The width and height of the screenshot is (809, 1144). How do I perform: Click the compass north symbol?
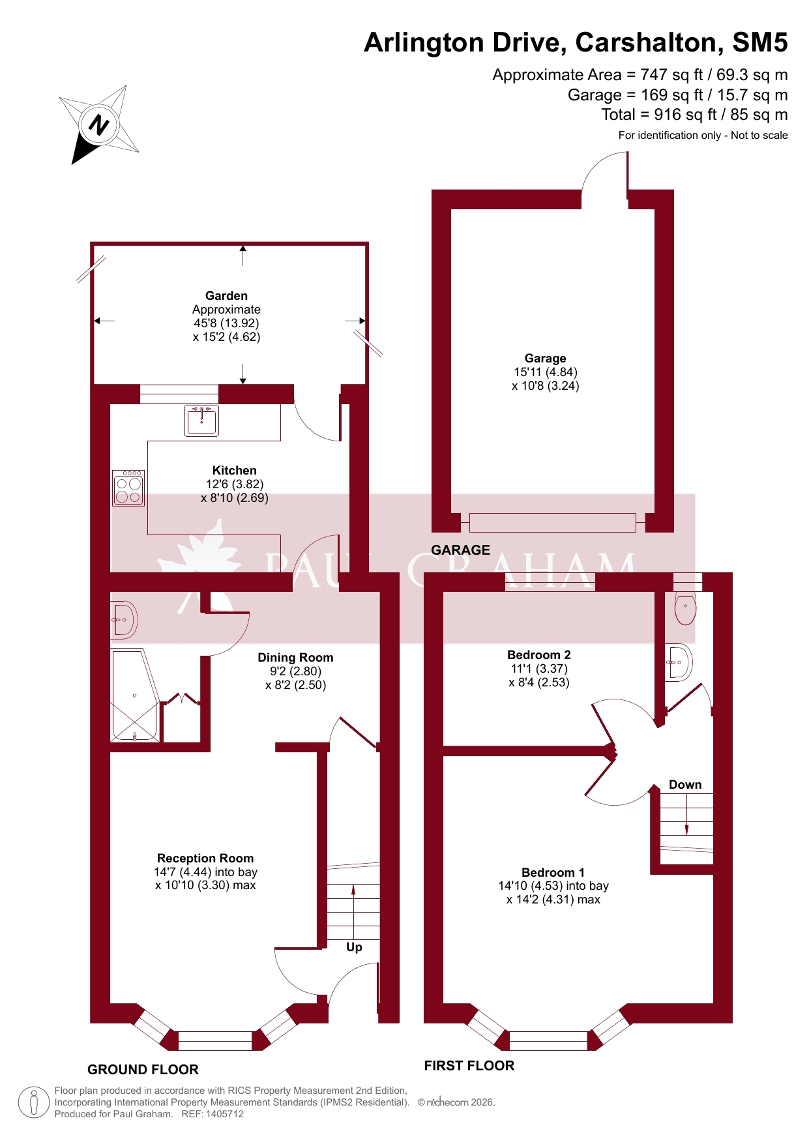(99, 124)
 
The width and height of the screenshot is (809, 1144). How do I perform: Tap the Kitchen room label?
(235, 471)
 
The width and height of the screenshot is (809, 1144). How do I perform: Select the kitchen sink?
(201, 421)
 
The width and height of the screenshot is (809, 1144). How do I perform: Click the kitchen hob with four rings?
(128, 488)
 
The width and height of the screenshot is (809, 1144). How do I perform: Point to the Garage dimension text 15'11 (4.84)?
(546, 372)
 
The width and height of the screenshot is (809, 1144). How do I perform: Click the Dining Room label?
(295, 658)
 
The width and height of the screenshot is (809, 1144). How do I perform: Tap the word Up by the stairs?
(354, 947)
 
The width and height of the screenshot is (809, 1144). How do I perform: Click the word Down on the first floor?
(685, 785)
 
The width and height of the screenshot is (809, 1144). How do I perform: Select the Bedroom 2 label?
(539, 655)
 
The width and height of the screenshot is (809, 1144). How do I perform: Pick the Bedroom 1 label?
(553, 873)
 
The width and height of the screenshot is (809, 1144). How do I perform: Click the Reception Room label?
(205, 858)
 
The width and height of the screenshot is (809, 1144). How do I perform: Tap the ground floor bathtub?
(135, 696)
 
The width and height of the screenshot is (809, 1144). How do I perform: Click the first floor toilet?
(685, 608)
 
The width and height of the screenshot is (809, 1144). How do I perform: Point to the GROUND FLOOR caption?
(143, 1070)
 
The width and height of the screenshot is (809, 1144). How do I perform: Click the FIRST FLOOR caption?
(469, 1066)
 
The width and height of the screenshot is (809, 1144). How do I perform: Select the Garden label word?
(226, 296)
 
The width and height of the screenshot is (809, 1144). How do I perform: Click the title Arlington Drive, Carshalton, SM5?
(576, 42)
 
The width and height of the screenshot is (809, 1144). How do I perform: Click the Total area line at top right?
(694, 115)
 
